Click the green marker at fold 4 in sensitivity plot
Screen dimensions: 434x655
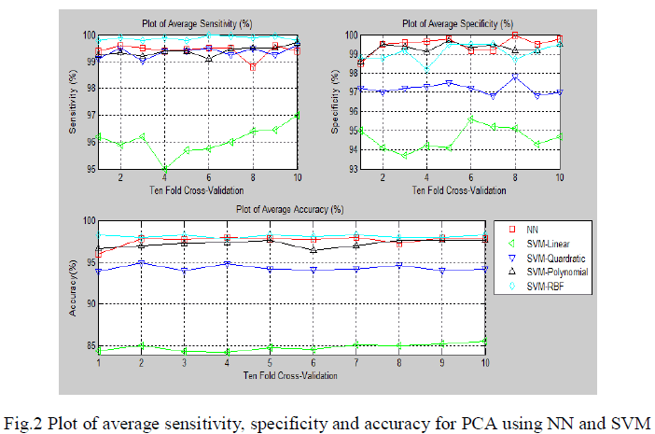[x=165, y=169]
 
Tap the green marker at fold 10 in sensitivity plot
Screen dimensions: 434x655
[x=298, y=115]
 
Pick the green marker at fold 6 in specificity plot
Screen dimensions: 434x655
[x=471, y=119]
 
